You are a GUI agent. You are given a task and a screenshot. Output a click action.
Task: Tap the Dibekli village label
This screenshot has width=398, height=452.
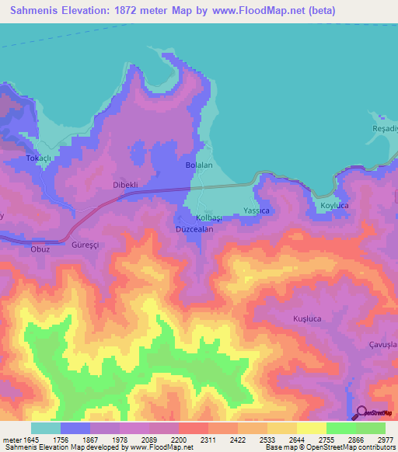click(125, 186)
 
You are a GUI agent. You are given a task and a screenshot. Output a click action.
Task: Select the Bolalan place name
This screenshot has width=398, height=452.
click(199, 166)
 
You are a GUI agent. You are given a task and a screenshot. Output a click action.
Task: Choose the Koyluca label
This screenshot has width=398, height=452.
click(335, 206)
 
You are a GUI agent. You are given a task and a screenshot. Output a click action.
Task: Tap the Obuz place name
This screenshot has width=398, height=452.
click(40, 249)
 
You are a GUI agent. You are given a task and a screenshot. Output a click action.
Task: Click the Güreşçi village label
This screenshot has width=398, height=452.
click(86, 244)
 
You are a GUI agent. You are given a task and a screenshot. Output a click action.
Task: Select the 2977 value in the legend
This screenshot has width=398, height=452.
click(383, 440)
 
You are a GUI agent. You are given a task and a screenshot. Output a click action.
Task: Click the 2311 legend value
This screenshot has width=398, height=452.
click(208, 440)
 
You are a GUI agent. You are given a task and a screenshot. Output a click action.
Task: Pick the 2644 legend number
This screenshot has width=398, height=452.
click(295, 440)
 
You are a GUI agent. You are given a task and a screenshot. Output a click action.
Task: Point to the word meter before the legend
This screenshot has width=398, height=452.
click(11, 440)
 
